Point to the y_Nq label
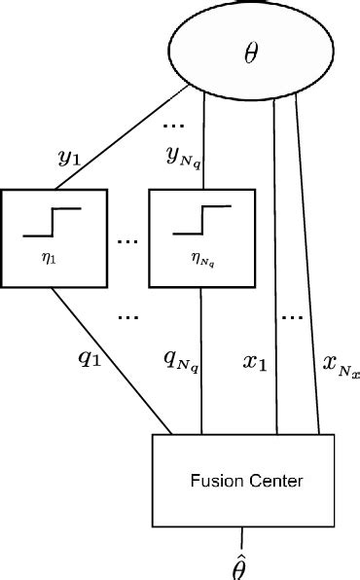point(181,156)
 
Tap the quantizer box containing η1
point(54,238)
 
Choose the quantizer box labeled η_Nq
point(201,238)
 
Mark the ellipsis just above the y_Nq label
point(176,125)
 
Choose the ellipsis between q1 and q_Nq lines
point(128,317)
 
